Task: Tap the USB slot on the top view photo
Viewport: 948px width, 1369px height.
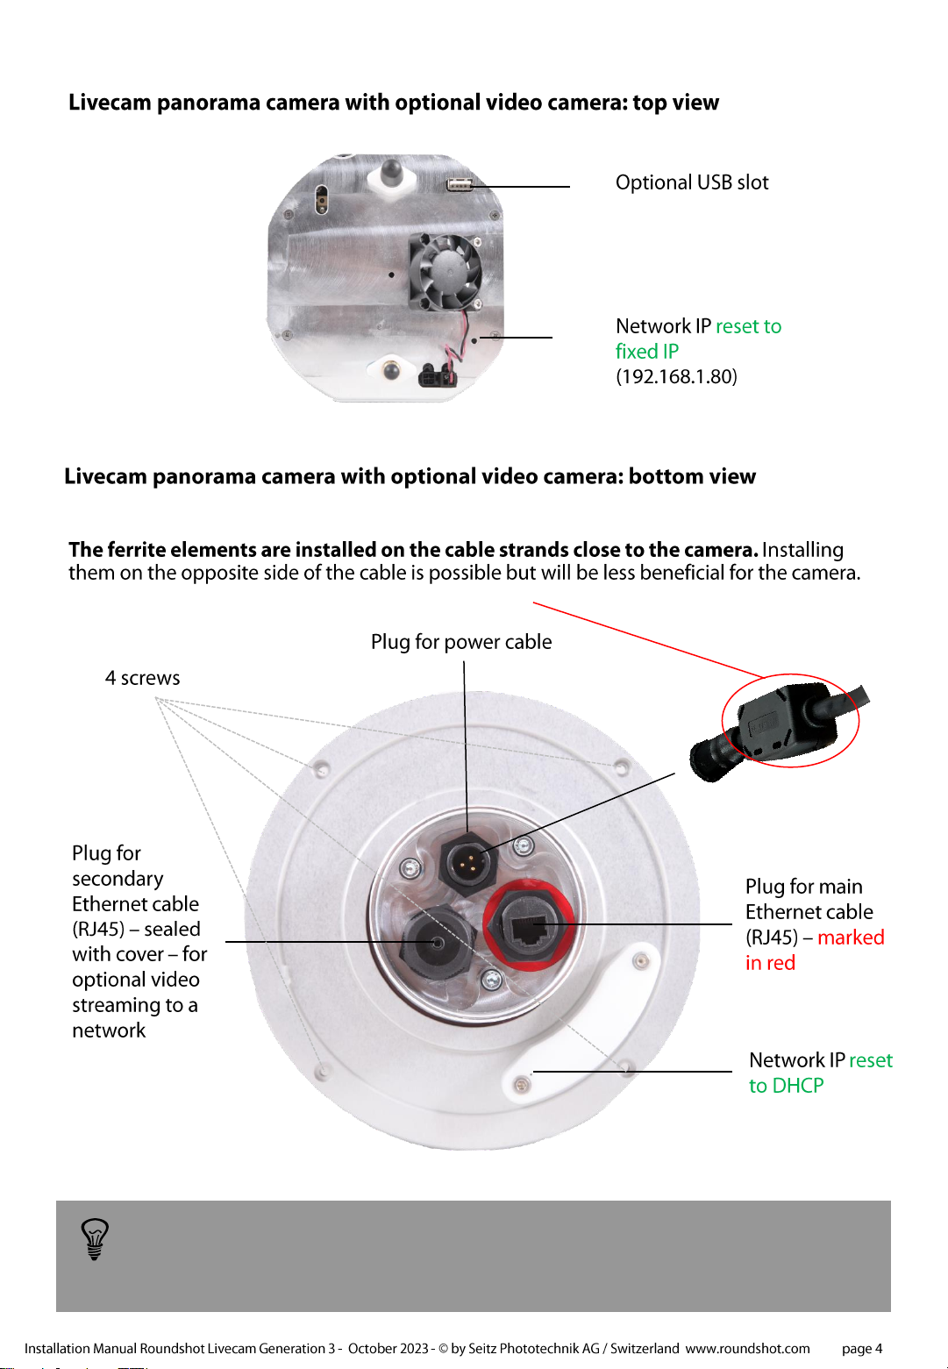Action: tap(460, 184)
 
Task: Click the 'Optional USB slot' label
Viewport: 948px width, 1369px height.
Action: tap(691, 182)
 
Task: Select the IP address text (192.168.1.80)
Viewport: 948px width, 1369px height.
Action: tap(676, 376)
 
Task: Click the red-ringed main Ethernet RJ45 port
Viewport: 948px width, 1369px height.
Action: tap(530, 924)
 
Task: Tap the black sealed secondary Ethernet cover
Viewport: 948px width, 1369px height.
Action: tap(437, 942)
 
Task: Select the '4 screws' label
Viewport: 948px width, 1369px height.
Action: tap(142, 678)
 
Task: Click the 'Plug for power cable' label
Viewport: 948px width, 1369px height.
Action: tap(461, 642)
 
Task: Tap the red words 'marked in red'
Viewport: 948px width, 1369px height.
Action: tap(815, 950)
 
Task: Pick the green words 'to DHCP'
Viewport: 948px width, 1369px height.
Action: tap(786, 1086)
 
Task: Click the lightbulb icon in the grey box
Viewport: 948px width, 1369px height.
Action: tap(95, 1239)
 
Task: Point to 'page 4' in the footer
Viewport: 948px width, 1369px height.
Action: tap(862, 1348)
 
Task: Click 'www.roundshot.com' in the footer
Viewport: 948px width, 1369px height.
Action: tap(747, 1348)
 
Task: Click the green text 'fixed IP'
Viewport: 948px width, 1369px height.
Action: tap(646, 352)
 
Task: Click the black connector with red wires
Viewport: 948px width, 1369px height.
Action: tap(437, 375)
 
